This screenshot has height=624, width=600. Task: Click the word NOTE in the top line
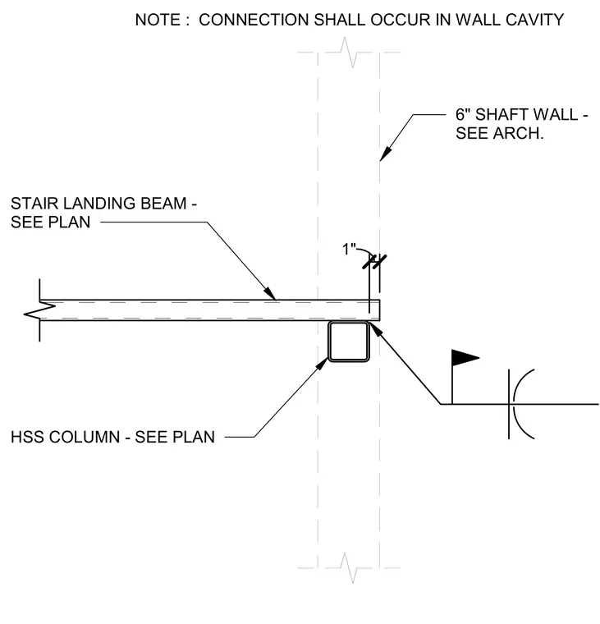[158, 20]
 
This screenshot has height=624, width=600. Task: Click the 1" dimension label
[349, 250]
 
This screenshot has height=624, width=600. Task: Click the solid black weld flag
[465, 358]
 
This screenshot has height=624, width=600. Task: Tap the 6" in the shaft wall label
[462, 115]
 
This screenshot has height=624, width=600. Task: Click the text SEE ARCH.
[499, 133]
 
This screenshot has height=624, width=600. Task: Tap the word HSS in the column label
[26, 437]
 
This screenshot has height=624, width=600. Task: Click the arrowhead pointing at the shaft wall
[386, 154]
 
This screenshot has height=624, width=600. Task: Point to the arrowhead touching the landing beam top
[269, 293]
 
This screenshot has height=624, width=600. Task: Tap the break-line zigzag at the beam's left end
[39, 310]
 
